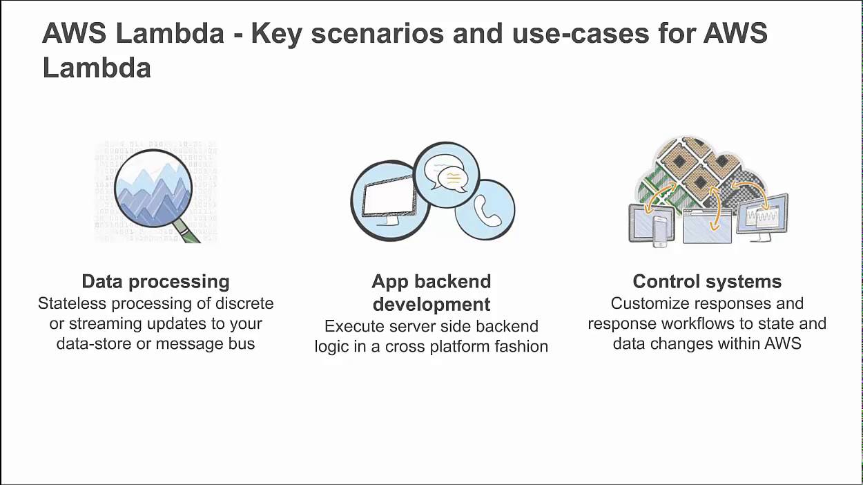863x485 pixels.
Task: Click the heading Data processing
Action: [x=155, y=282]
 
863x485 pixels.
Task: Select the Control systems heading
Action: [x=707, y=282]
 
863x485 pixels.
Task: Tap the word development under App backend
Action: [x=431, y=304]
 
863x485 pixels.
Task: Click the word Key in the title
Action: [x=276, y=34]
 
